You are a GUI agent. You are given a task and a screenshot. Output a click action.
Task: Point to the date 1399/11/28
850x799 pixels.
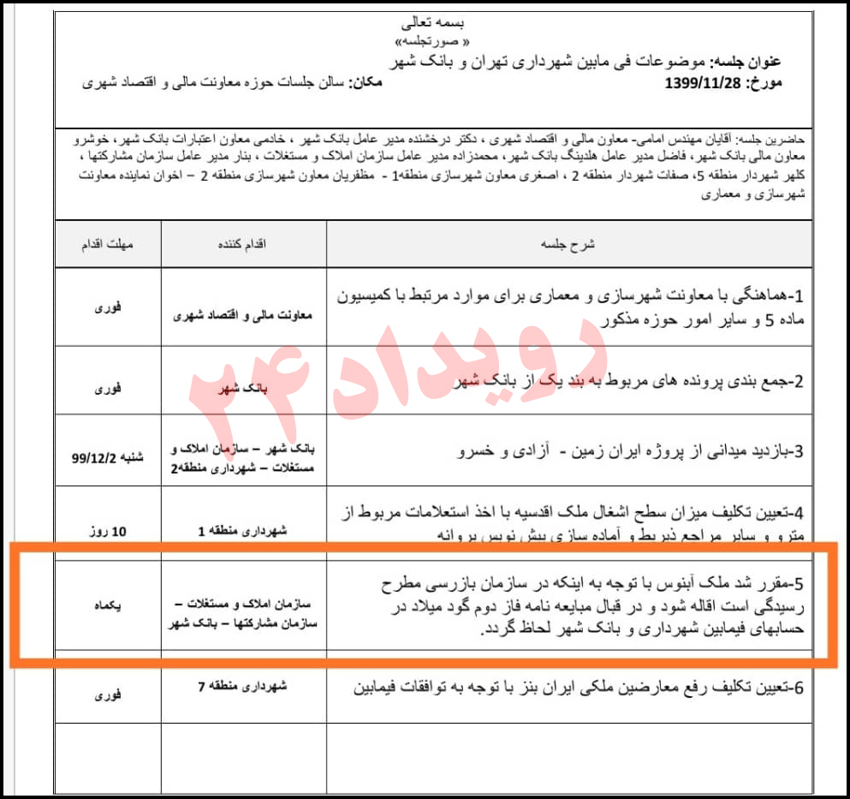(706, 84)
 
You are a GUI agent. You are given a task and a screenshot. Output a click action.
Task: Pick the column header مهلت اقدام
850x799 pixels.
(108, 244)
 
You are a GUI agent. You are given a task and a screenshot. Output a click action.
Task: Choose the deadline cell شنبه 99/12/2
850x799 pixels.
(108, 457)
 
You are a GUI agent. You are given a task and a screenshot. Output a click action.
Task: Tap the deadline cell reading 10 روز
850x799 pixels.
(108, 532)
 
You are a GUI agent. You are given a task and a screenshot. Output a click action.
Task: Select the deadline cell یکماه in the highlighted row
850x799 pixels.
(108, 605)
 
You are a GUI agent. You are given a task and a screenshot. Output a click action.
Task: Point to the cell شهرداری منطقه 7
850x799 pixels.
(243, 686)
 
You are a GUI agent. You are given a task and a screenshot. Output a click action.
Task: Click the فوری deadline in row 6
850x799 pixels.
(108, 695)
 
